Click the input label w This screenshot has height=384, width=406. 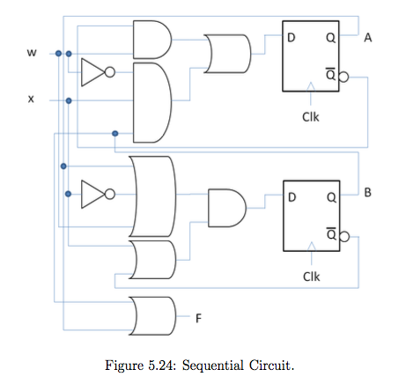[x=32, y=53]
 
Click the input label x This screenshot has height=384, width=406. [x=31, y=100]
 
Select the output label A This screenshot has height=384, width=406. [x=368, y=38]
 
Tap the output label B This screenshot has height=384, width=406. [x=367, y=192]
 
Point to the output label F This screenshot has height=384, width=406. [x=198, y=318]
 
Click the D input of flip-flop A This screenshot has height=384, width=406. [x=291, y=38]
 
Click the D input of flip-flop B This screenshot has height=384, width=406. [x=292, y=197]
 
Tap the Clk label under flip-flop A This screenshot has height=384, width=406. [x=311, y=117]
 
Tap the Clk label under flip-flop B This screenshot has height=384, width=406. [x=312, y=277]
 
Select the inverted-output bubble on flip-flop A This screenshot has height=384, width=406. [x=343, y=77]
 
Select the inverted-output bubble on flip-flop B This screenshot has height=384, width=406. [x=344, y=237]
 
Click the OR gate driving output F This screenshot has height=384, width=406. [x=152, y=316]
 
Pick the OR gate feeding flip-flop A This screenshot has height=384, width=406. [x=227, y=54]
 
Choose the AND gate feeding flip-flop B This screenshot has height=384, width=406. [x=227, y=208]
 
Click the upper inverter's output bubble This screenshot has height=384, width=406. [x=110, y=72]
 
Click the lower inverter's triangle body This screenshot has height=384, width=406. [x=92, y=194]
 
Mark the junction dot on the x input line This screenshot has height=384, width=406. [x=69, y=100]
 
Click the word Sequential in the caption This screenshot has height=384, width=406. [x=213, y=366]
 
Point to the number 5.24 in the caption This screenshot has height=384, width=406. [x=161, y=366]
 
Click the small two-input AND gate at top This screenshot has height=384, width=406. [x=152, y=40]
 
